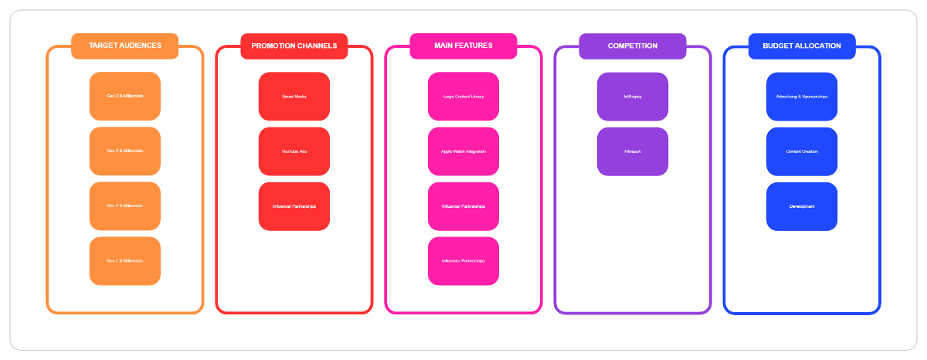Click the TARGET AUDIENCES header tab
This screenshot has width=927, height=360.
124,46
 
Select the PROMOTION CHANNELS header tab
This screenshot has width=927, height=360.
294,46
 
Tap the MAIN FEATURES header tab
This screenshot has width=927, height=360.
463,46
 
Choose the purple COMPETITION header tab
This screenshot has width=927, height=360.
632,46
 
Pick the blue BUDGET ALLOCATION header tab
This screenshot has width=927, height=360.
801,46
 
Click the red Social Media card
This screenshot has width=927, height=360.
294,97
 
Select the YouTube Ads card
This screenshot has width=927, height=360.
294,151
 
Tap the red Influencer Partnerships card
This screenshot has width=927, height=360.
294,206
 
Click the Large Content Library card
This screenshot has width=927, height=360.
463,97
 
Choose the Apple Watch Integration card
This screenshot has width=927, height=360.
463,151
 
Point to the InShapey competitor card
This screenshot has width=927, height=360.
632,97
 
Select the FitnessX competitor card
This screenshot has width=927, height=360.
632,151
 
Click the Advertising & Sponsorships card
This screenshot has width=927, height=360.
801,97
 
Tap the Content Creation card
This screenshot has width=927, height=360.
801,151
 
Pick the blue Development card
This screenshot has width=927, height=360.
801,206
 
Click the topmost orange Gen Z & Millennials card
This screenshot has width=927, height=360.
124,97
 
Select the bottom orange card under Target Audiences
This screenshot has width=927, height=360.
124,261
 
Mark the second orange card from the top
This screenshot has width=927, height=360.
124,151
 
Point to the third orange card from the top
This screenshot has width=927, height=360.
124,206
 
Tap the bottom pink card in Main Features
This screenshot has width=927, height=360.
463,261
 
